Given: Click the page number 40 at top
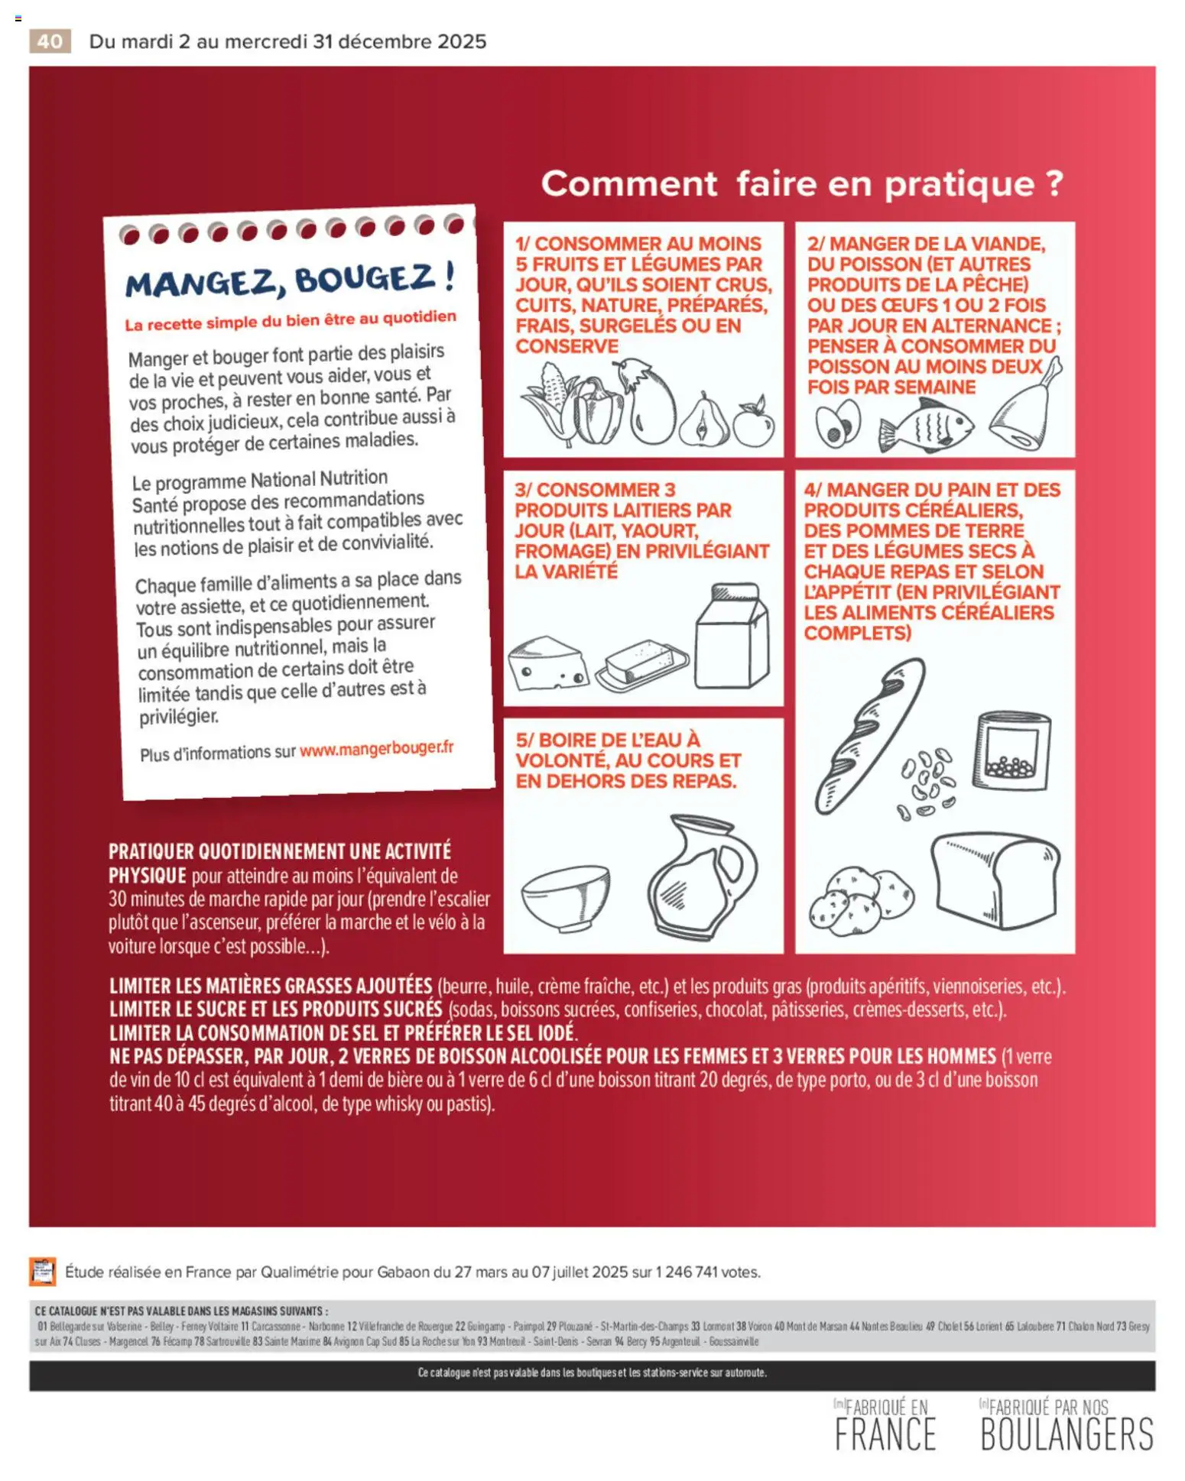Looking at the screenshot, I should tap(50, 41).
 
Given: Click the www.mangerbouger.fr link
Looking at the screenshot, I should tap(376, 749).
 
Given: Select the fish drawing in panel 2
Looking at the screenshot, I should tap(926, 427).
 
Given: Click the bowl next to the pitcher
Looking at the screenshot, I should tap(565, 897).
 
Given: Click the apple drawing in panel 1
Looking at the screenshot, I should tap(754, 423).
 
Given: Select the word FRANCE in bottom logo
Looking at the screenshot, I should tap(885, 1434).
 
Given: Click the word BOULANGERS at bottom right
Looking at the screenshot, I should tap(1066, 1434).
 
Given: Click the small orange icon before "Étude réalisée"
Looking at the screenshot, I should tap(43, 1272).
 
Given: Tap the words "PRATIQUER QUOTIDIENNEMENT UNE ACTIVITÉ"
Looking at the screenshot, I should tap(280, 851).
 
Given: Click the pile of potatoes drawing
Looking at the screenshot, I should tap(860, 902).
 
